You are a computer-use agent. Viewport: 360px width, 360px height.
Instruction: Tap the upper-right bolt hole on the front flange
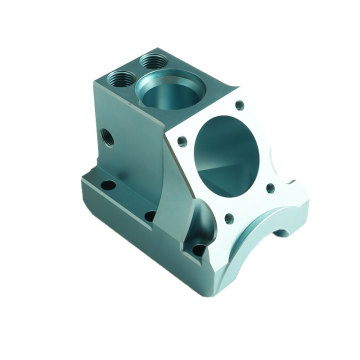(241, 104)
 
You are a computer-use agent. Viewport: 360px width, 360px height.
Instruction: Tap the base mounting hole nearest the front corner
(200, 249)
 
